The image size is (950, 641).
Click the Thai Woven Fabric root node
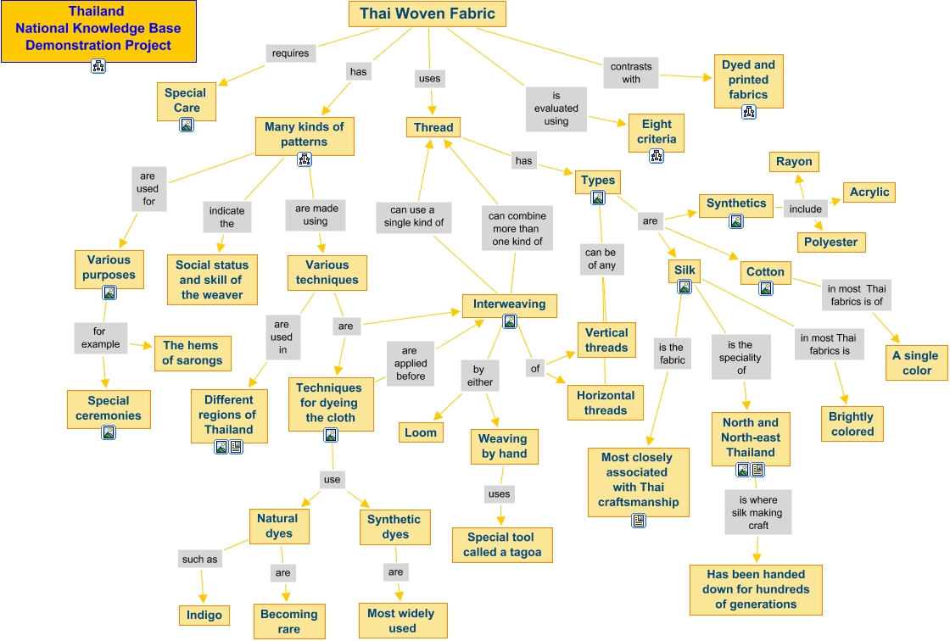427,14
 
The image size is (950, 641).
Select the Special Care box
186,100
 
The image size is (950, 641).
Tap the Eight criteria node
657,131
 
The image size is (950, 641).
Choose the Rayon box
794,161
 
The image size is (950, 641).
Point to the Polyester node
830,242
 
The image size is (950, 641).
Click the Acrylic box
869,192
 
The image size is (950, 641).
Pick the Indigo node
204,615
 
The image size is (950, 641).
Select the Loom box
421,432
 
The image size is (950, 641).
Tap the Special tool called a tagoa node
501,544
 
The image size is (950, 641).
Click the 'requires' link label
290,53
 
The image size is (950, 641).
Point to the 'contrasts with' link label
631,73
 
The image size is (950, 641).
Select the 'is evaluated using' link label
556,109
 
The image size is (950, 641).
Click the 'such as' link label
199,559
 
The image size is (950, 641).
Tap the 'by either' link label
479,376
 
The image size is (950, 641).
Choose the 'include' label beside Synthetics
805,209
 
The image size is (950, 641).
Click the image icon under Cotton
766,288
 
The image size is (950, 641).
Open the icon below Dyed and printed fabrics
748,111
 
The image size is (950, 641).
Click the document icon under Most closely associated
639,520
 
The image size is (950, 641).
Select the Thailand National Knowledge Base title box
98,29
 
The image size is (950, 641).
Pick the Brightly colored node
852,423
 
